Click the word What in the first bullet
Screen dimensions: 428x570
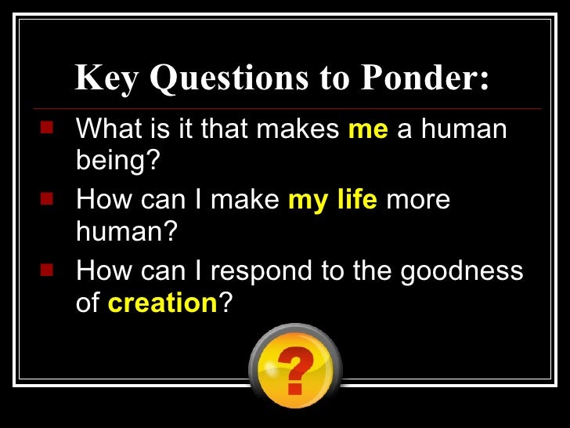click(x=107, y=129)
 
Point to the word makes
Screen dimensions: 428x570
click(x=301, y=129)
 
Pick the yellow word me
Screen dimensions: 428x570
click(x=368, y=129)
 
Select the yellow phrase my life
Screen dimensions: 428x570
click(x=333, y=200)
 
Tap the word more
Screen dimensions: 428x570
click(x=418, y=200)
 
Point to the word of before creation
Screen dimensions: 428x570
click(x=88, y=303)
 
